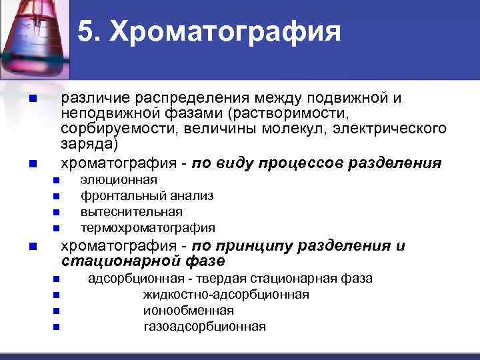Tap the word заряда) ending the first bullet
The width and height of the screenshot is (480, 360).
tap(89, 143)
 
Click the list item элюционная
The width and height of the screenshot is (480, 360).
tap(119, 180)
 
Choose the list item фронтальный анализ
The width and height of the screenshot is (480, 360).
tap(147, 196)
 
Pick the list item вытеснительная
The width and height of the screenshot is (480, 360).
tap(131, 212)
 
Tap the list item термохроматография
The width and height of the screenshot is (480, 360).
tap(147, 228)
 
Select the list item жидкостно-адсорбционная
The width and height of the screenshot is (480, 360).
tap(225, 294)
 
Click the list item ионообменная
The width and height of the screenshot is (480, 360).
tap(188, 310)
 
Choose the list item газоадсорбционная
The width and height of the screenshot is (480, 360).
tap(205, 326)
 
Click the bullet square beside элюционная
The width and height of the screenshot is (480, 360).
tap(56, 181)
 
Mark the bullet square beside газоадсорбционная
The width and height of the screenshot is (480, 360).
tap(56, 327)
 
